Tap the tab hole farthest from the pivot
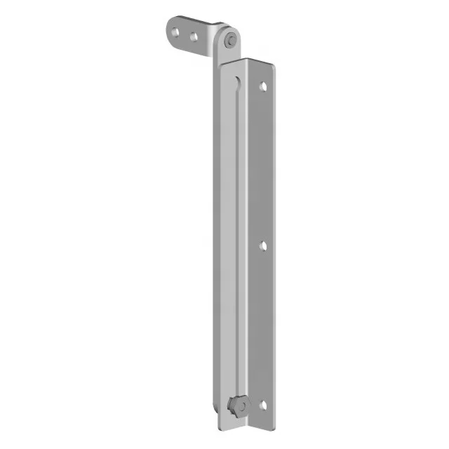click(176, 30)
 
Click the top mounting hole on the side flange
click(263, 87)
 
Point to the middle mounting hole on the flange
click(263, 246)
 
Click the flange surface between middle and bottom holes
click(263, 326)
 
